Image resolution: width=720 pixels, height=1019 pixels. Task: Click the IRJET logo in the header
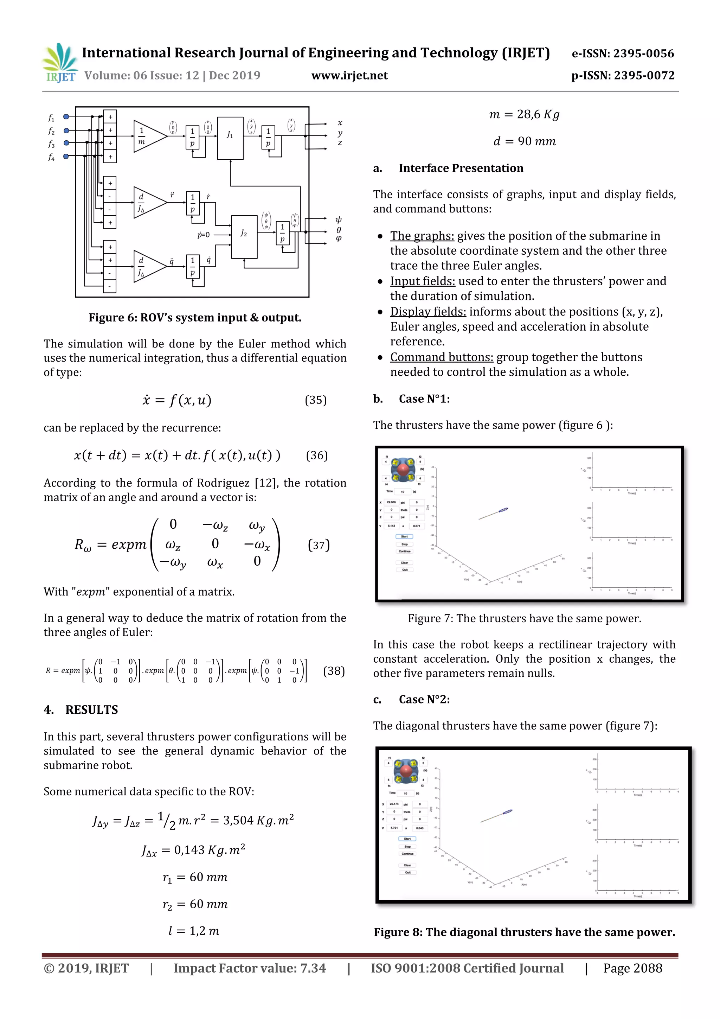click(x=60, y=63)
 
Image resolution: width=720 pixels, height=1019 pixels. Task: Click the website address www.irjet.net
click(x=349, y=75)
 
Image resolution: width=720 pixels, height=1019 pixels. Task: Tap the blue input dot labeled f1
click(x=66, y=117)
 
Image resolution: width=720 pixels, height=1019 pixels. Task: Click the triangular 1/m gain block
click(x=149, y=136)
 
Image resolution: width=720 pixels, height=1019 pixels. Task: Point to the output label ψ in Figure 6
click(x=339, y=220)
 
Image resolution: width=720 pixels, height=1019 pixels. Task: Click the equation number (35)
click(x=315, y=400)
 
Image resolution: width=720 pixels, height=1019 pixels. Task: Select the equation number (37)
click(x=319, y=544)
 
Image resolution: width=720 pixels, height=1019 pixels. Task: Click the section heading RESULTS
click(x=91, y=710)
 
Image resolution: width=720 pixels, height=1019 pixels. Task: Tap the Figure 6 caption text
click(x=195, y=317)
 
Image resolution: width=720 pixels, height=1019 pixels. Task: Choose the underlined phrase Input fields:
click(x=422, y=281)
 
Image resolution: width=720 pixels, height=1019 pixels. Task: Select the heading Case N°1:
click(x=424, y=399)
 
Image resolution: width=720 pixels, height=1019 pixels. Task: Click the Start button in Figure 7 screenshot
click(x=404, y=536)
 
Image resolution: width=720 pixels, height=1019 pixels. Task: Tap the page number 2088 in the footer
click(x=647, y=968)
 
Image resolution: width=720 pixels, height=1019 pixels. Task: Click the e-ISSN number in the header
click(x=622, y=54)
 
